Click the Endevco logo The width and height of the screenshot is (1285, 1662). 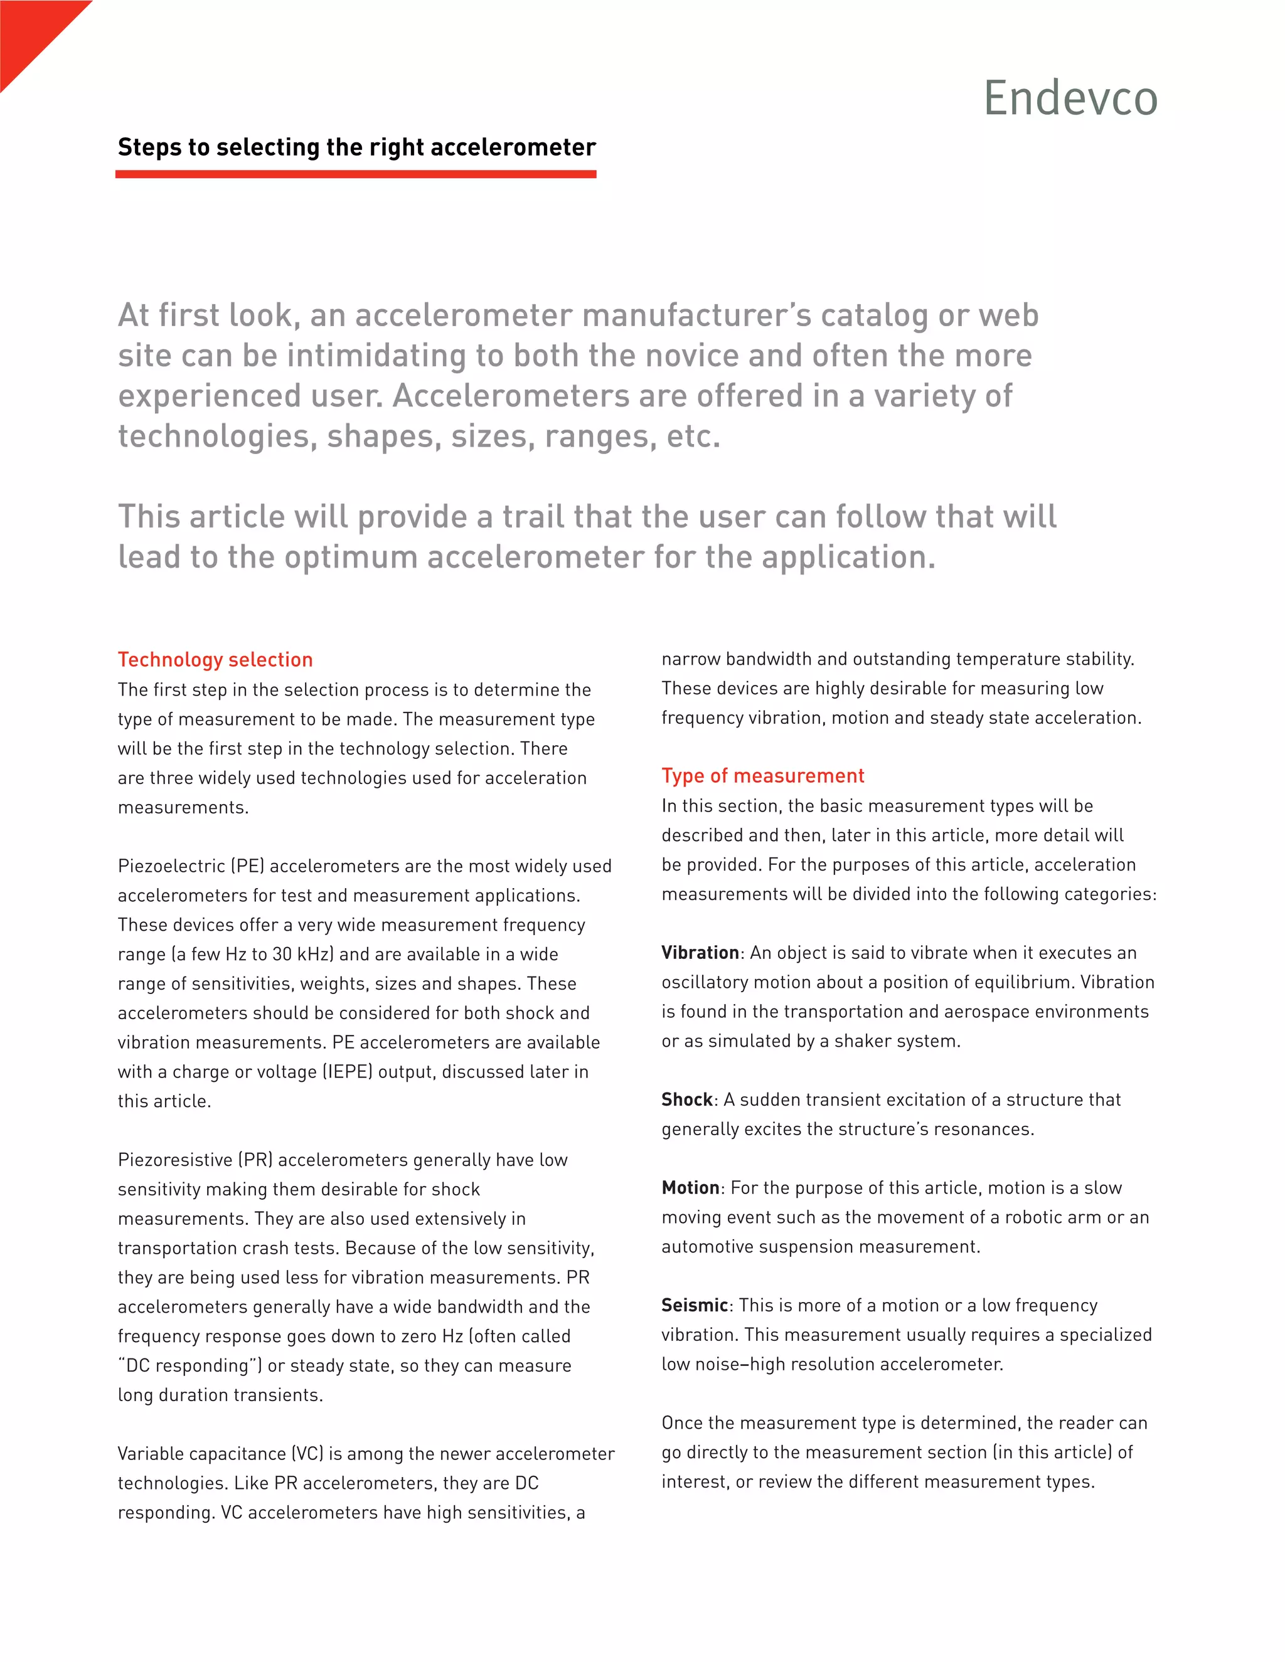pyautogui.click(x=1070, y=98)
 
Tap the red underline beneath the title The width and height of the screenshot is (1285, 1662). pyautogui.click(x=356, y=174)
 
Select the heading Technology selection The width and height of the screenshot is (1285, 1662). pyautogui.click(x=215, y=660)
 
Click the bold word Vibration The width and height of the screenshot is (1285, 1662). pyautogui.click(x=700, y=953)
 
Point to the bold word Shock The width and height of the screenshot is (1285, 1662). pyautogui.click(x=686, y=1099)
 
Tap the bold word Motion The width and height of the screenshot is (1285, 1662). pyautogui.click(x=690, y=1188)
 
